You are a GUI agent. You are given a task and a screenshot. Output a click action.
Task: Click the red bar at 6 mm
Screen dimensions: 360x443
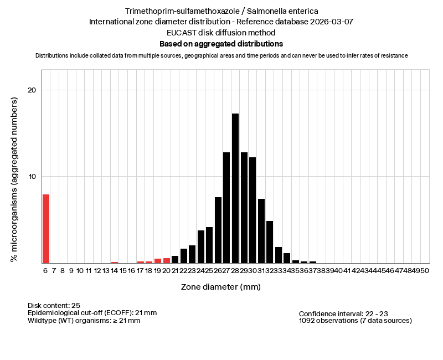click(46, 229)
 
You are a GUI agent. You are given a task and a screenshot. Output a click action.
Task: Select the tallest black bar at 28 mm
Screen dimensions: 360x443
click(235, 188)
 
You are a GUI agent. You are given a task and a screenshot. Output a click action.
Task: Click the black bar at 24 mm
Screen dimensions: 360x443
click(201, 246)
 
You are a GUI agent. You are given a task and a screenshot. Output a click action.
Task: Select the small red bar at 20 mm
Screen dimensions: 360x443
click(167, 260)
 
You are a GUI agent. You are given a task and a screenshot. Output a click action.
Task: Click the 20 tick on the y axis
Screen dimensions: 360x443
click(32, 90)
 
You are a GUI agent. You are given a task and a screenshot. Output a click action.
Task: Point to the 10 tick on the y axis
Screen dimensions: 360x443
click(32, 177)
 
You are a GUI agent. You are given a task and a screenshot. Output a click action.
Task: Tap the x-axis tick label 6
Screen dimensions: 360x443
click(45, 270)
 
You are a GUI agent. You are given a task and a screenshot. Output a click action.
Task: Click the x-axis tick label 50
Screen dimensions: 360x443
click(424, 270)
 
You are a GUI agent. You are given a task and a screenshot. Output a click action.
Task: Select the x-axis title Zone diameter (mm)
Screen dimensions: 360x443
click(220, 287)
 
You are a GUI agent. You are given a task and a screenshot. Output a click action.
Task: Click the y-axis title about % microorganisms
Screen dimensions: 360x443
click(15, 179)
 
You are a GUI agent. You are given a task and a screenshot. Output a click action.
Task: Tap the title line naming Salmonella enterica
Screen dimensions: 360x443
click(221, 11)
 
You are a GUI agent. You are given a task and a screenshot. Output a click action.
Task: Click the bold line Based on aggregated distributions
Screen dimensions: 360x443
click(221, 44)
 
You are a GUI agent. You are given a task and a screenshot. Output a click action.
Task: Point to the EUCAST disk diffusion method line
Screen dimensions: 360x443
click(221, 33)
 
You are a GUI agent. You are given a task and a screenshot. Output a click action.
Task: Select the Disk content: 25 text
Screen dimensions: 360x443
click(54, 305)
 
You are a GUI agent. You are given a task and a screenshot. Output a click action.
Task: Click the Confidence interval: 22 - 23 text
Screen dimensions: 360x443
click(347, 313)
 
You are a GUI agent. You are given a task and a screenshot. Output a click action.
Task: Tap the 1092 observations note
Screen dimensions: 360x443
click(355, 321)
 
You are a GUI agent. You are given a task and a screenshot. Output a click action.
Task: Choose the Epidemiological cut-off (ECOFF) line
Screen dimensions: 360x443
click(92, 313)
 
